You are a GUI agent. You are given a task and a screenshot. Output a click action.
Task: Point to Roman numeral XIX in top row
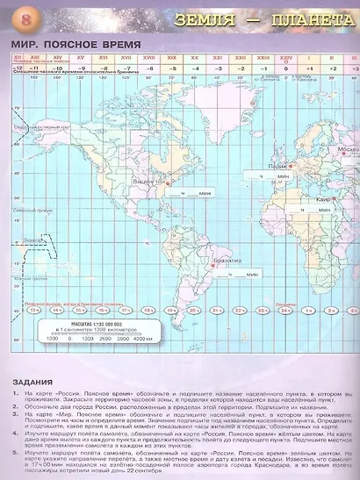[x=173, y=58]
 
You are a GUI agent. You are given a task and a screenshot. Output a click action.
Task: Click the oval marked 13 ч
[x=33, y=310]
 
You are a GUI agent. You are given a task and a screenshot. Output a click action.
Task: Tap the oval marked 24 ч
[x=286, y=310]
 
